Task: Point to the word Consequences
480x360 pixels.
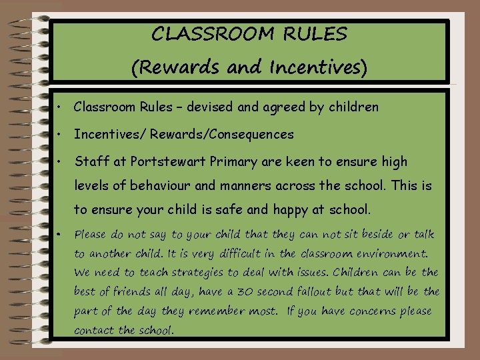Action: pyautogui.click(x=251, y=135)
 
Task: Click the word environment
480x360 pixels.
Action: pyautogui.click(x=394, y=253)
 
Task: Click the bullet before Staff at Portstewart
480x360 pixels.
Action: pyautogui.click(x=60, y=162)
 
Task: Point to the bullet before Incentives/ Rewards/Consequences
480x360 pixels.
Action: pyautogui.click(x=60, y=135)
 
